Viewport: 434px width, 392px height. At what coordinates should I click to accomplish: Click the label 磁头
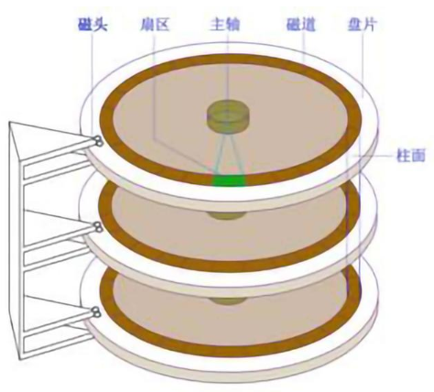point(92,24)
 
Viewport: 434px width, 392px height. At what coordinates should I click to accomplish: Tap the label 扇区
point(155,24)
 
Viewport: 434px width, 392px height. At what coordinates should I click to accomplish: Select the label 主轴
point(225,24)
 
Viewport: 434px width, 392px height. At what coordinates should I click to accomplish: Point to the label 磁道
point(301,24)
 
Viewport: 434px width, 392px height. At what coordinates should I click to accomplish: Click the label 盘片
point(363,24)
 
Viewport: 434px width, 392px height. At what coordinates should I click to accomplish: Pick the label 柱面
point(411,155)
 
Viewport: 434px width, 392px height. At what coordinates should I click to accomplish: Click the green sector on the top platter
point(229,180)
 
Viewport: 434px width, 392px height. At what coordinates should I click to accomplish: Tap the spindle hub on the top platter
point(228,115)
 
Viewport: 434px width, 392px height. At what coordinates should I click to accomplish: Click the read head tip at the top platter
point(98,141)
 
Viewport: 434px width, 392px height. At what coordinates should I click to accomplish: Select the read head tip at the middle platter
point(98,226)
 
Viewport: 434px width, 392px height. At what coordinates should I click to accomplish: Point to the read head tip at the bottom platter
point(97,312)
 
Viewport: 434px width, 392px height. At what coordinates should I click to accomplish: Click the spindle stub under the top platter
point(227,215)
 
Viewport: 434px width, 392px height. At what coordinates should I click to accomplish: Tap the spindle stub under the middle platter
point(228,300)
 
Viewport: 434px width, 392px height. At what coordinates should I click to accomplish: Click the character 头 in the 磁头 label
point(101,24)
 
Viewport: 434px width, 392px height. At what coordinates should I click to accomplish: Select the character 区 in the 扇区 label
point(162,24)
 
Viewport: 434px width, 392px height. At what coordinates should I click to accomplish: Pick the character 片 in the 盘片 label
point(370,24)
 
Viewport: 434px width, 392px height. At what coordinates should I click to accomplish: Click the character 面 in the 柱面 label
point(418,155)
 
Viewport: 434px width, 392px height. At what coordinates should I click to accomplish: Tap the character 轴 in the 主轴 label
point(233,24)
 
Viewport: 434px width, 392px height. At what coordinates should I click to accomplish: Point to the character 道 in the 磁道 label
point(309,24)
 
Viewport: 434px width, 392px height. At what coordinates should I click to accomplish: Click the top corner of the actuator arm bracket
point(10,122)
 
